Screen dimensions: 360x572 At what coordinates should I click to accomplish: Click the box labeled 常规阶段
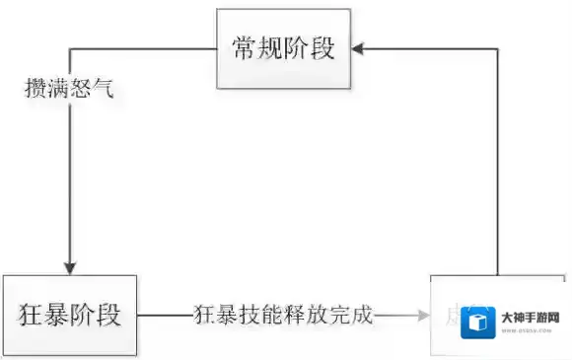[285, 48]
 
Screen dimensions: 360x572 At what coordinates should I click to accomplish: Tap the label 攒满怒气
[69, 88]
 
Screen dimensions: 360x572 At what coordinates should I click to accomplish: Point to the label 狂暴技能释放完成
[283, 316]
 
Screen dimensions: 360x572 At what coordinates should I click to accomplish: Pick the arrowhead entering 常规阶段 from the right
[362, 46]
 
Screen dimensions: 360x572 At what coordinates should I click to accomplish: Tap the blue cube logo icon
[480, 321]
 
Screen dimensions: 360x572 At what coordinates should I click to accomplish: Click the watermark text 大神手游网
[531, 318]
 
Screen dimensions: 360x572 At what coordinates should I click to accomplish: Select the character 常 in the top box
[246, 48]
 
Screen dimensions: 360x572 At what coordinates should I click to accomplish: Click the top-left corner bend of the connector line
[68, 47]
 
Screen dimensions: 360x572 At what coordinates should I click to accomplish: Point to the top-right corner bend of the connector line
[497, 46]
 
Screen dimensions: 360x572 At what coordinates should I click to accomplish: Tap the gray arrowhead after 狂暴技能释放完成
[425, 316]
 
